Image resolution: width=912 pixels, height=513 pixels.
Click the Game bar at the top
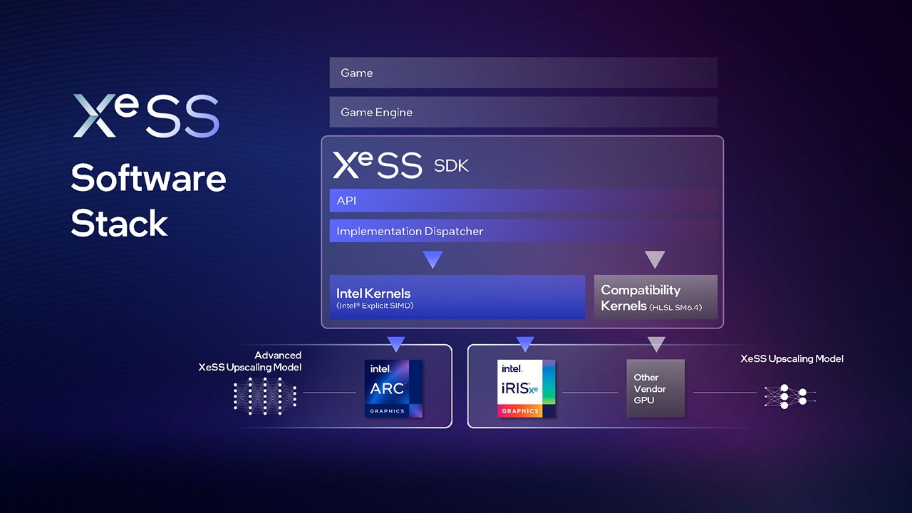[523, 73]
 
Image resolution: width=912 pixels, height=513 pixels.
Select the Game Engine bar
[523, 112]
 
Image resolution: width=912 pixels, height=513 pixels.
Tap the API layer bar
[523, 200]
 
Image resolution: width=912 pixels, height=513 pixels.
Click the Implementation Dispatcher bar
[523, 231]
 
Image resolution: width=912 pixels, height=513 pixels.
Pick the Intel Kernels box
[457, 297]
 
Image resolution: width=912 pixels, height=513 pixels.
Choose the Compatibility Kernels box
[655, 297]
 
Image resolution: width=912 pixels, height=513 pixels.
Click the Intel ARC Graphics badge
[393, 388]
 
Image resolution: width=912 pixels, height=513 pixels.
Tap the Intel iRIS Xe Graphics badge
[526, 388]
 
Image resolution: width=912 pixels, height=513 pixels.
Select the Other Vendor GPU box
[655, 388]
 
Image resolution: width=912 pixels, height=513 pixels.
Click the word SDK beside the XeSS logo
[451, 166]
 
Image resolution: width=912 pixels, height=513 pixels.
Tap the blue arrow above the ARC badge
[395, 344]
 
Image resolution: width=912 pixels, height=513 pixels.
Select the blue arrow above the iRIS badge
[525, 344]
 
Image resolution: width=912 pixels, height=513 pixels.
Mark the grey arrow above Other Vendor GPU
[656, 344]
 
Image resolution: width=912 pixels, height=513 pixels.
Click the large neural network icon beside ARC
[265, 396]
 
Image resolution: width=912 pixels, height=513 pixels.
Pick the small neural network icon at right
[790, 396]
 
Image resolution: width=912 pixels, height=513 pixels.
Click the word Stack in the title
[119, 223]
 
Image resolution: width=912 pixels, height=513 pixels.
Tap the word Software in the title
[148, 178]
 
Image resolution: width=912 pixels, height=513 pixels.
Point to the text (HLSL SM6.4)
[675, 307]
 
